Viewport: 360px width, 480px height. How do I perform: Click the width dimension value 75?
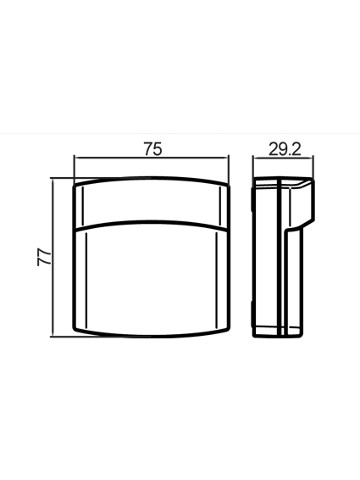tap(153, 149)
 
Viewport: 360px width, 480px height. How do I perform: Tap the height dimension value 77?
tap(44, 256)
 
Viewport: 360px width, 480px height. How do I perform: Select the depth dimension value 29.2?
tap(285, 150)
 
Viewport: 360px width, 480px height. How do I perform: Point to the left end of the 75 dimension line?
tap(75, 157)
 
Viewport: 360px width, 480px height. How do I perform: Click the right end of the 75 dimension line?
tap(229, 157)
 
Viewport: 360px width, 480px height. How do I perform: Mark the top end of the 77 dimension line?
tap(53, 179)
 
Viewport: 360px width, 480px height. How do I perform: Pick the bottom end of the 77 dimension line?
tap(53, 337)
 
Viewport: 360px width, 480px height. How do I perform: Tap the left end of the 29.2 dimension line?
tap(253, 158)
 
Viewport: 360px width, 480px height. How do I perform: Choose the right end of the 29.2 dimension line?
tap(313, 158)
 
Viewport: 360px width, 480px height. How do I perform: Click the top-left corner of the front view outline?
tap(74, 184)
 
